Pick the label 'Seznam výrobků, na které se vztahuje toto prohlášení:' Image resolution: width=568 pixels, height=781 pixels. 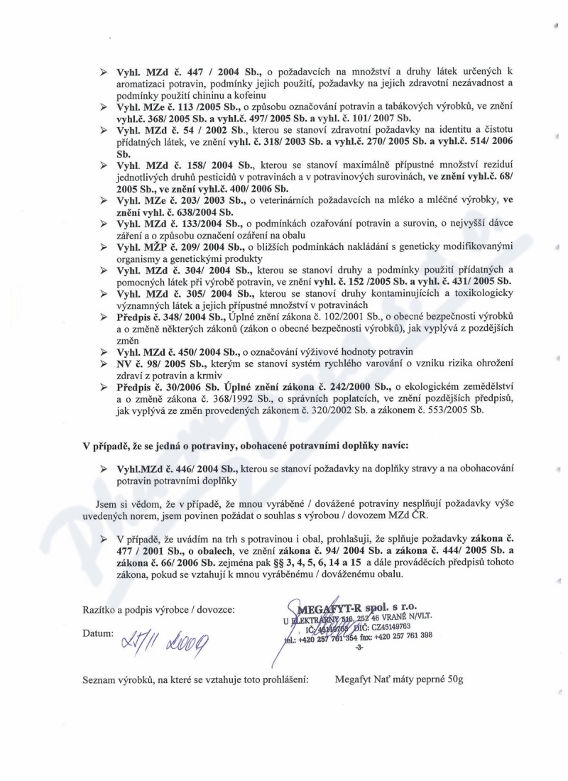(197, 679)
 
